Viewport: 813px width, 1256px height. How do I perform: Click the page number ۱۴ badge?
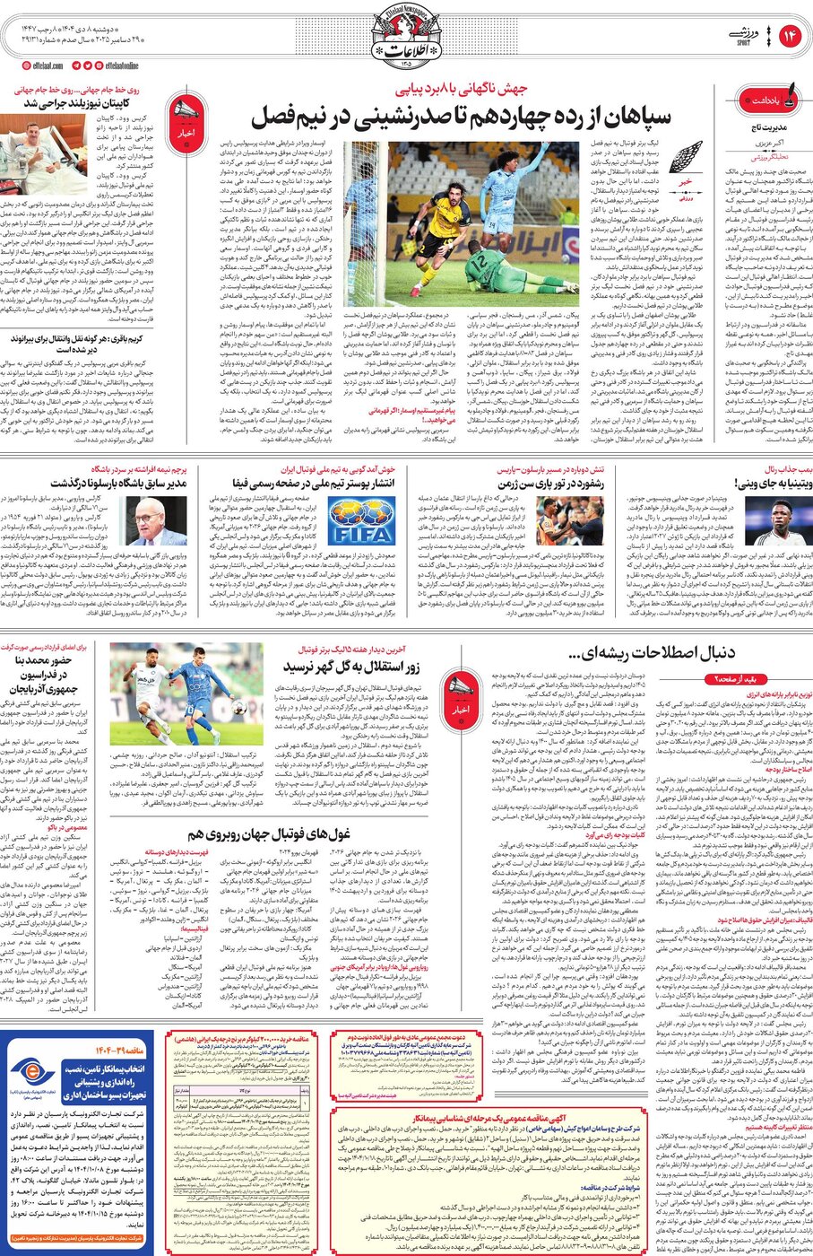[790, 35]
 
